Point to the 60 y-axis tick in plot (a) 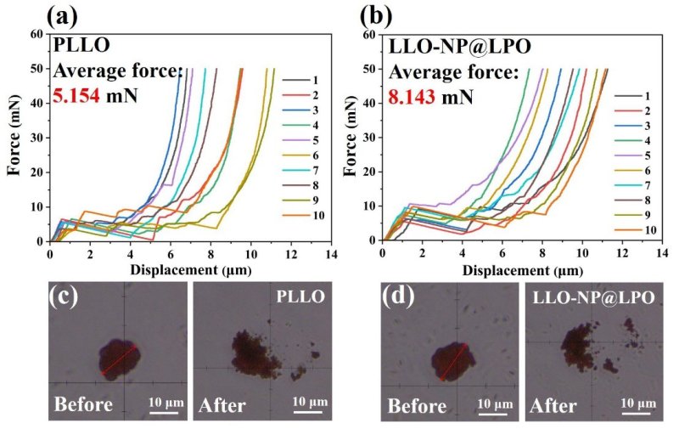[37, 34]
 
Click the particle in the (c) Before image [118, 358]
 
